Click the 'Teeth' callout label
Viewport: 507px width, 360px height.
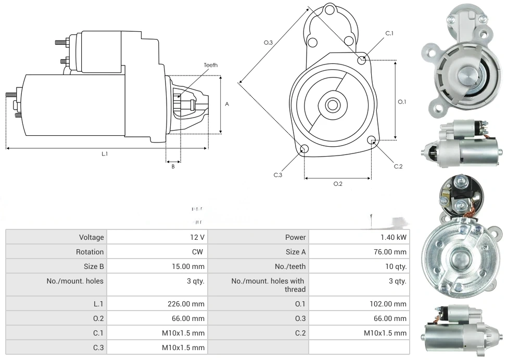click(x=210, y=65)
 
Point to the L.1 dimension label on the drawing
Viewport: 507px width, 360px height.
click(x=105, y=153)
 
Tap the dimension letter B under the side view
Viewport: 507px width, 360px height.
click(x=173, y=166)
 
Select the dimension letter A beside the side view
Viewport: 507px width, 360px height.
click(x=227, y=104)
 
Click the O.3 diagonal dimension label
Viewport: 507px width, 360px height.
click(x=269, y=43)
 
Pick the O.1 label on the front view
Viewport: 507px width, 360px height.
click(x=402, y=102)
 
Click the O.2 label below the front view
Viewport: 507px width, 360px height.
click(x=338, y=184)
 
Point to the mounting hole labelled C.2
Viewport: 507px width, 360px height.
click(x=372, y=140)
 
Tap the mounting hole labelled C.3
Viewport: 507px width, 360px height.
click(x=305, y=150)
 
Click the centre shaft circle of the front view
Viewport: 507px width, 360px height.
click(x=332, y=105)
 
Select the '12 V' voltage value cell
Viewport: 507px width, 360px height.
click(x=197, y=237)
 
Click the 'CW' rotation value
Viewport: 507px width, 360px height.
click(x=199, y=252)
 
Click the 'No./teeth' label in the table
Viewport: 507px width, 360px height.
click(x=290, y=266)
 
